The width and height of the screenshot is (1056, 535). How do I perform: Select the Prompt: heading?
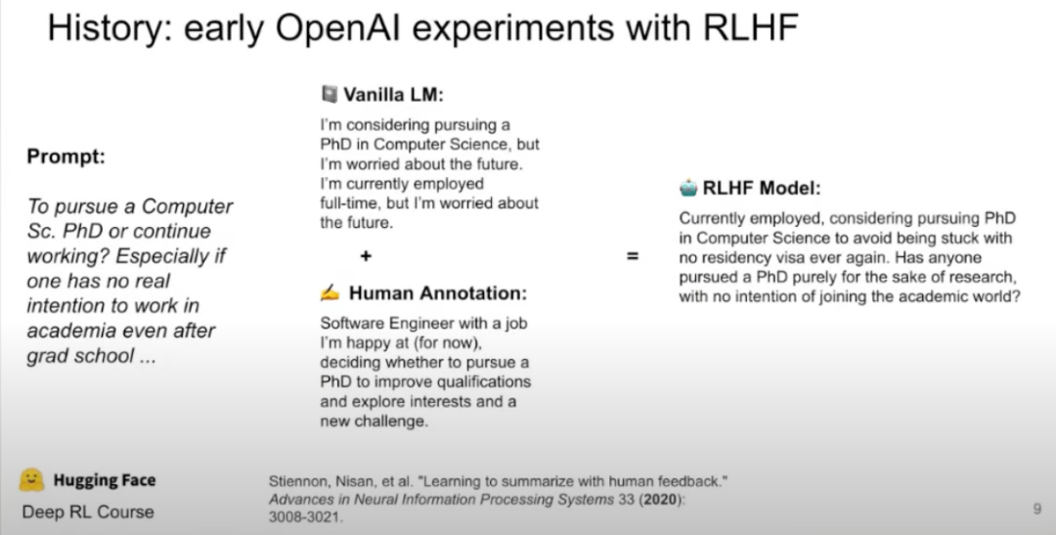coord(66,157)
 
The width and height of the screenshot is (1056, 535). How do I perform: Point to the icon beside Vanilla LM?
coord(329,96)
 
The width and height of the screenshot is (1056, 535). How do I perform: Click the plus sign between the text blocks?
coord(365,257)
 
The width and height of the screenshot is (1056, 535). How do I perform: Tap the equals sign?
coord(633,257)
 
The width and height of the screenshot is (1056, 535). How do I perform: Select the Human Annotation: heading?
coord(438,292)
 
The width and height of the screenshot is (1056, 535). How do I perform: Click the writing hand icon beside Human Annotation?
coord(330,291)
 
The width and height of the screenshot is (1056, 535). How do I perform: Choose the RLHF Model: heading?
coord(762,190)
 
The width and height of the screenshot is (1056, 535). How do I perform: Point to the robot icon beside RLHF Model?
coord(689,189)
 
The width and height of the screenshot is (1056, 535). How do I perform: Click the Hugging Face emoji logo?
coord(32,479)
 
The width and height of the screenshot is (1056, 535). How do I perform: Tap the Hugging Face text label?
coord(104,480)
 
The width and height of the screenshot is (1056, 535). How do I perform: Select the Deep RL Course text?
coord(88,511)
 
